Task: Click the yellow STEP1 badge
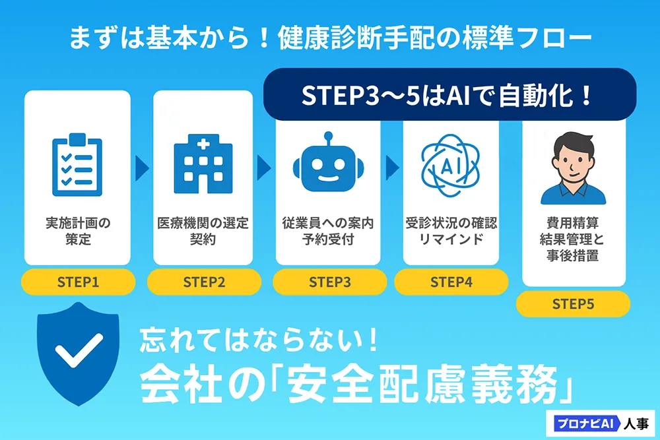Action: click(79, 282)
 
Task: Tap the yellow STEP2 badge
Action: click(204, 282)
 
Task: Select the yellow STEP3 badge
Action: click(329, 282)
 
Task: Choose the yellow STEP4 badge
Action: click(451, 282)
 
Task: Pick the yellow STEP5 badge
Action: click(573, 303)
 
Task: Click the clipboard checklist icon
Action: click(77, 165)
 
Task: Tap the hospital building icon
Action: click(203, 164)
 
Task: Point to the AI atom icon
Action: click(450, 166)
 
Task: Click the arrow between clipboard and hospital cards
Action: click(143, 168)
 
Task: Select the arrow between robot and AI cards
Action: click(392, 168)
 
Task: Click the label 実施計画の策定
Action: click(78, 231)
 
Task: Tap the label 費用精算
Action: click(572, 222)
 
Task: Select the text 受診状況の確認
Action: click(451, 222)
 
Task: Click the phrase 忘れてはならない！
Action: click(259, 340)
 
